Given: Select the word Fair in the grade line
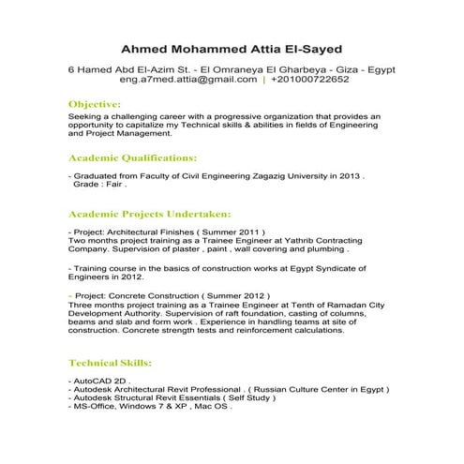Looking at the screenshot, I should click(x=111, y=185).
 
